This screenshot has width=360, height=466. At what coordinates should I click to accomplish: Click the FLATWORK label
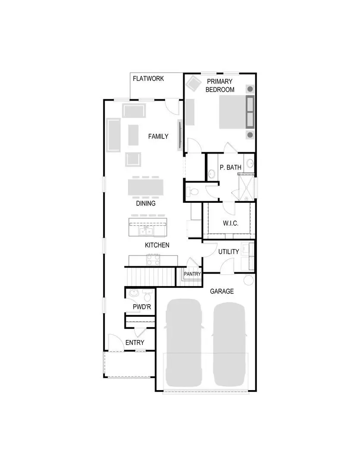148,79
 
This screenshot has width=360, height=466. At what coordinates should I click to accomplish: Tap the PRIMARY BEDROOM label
220,85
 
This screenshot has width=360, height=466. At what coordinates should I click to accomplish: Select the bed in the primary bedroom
237,112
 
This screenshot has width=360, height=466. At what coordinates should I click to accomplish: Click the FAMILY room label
158,136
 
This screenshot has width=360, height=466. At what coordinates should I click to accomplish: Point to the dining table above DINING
146,188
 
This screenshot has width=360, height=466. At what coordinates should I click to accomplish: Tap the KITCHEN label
157,245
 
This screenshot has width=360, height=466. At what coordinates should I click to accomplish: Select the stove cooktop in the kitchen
153,260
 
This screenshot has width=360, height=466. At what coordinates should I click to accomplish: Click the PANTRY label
192,274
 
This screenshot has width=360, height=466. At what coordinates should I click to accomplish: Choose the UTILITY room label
229,252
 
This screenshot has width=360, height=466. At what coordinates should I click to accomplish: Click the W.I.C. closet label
231,223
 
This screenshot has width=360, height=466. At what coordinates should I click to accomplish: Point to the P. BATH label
230,167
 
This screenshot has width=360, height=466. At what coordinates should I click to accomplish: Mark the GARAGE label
222,291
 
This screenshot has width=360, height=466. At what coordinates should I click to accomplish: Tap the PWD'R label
141,307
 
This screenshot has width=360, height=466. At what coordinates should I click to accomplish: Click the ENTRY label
135,343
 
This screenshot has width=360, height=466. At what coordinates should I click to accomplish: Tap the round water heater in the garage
249,280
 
